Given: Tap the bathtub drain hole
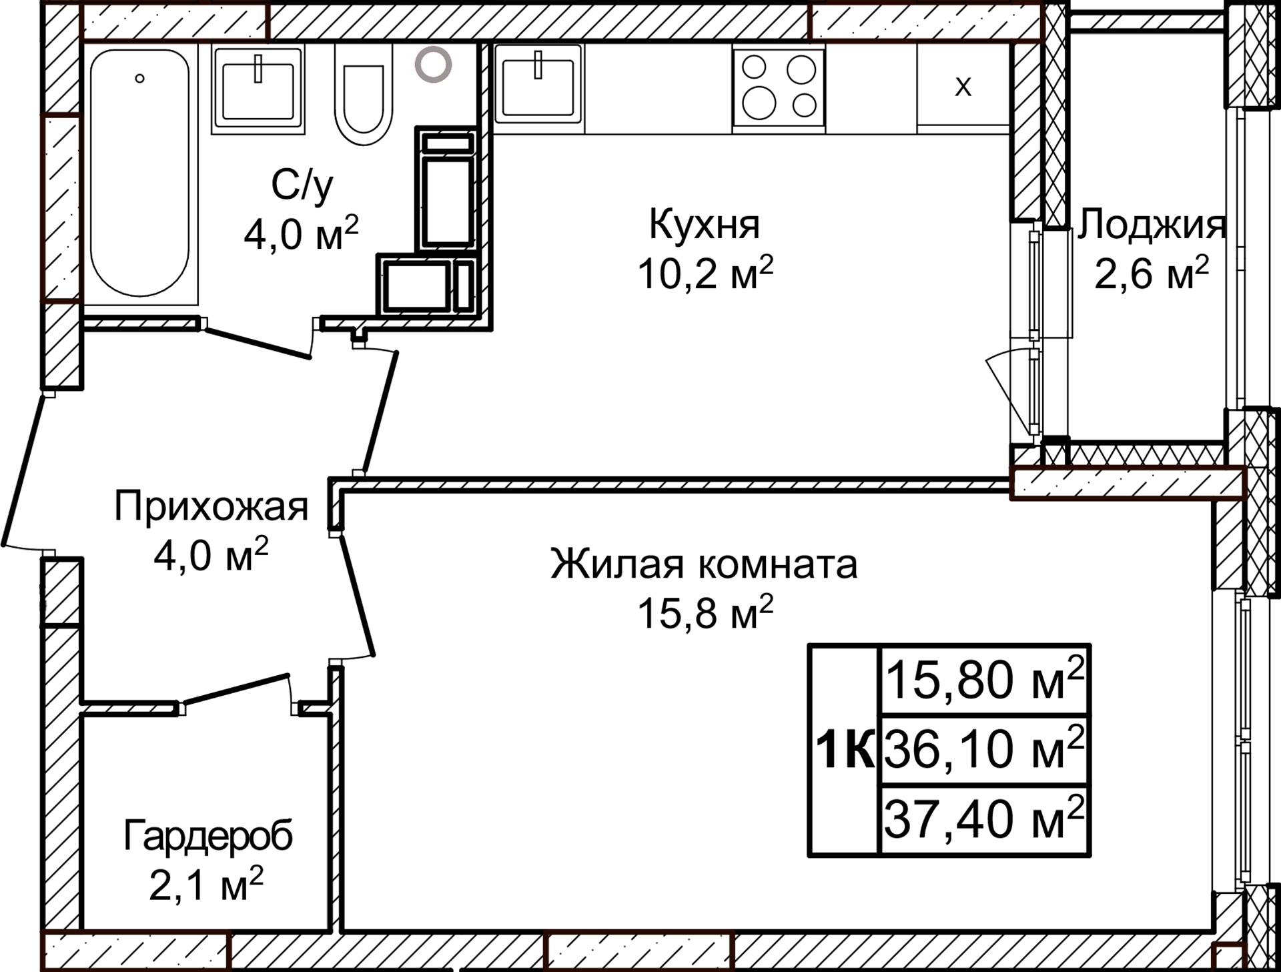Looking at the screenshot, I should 139,79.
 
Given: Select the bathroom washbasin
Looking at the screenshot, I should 258,90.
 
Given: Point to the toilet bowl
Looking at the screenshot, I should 364,97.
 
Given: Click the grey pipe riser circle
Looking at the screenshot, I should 433,65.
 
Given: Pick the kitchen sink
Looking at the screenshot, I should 538,87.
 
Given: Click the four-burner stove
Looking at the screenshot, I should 779,87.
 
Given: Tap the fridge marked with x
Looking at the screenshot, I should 963,85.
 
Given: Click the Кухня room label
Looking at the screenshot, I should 705,225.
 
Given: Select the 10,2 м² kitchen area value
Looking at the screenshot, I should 705,272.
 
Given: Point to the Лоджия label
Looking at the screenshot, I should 1150,225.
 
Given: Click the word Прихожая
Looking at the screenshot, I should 211,506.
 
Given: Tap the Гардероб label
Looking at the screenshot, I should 207,836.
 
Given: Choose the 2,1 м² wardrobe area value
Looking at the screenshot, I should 206,885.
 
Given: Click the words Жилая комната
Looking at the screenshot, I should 704,564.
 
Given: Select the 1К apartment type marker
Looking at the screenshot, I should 845,750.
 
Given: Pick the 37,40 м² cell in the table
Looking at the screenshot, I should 984,820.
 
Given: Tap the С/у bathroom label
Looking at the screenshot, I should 302,185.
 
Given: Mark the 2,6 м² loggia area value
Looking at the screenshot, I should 1151,272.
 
